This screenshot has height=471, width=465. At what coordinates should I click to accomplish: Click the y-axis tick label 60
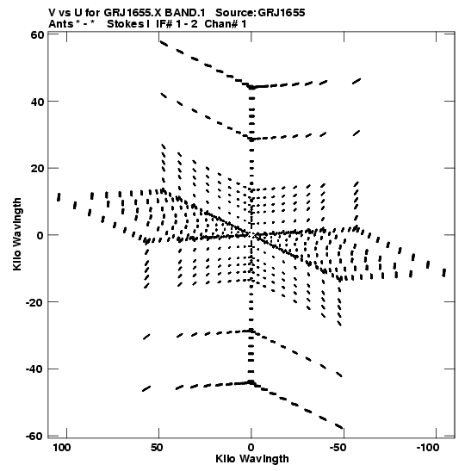37,34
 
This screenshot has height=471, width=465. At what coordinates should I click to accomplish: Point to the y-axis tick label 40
37,102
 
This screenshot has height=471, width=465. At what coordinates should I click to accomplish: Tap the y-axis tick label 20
37,168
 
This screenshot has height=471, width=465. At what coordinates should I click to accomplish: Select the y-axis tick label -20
34,302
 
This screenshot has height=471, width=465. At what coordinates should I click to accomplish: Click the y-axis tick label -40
34,369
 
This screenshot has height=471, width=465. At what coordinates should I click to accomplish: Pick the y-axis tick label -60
34,437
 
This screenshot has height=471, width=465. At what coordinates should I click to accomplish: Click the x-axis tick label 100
62,448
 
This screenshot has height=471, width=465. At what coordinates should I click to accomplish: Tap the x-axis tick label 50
157,448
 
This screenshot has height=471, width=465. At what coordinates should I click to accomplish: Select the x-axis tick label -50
338,448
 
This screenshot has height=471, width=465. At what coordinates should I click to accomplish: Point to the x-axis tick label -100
427,448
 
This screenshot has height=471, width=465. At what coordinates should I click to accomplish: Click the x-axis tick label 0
251,448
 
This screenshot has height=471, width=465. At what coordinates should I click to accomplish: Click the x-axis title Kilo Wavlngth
252,459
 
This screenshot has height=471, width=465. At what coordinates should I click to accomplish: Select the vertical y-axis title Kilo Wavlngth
17,234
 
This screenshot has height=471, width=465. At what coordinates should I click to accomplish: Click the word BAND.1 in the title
185,13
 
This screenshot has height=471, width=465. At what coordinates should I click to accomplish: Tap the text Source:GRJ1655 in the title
260,13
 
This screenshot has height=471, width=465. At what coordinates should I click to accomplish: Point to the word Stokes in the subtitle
126,24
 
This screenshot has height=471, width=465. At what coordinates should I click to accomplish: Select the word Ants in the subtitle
60,24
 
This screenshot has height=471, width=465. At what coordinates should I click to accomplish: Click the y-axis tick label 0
40,235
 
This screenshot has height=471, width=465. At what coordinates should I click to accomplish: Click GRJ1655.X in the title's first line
133,13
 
